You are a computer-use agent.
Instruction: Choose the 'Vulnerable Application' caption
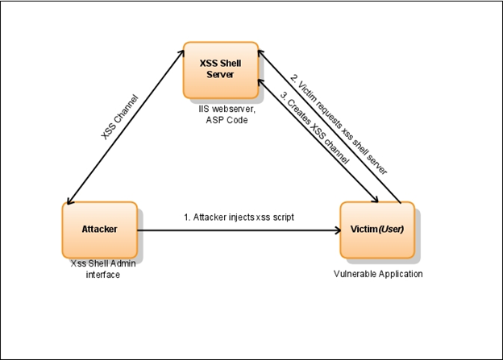378,274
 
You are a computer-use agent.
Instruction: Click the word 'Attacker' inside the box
98,229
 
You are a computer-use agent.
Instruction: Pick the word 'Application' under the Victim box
398,274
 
